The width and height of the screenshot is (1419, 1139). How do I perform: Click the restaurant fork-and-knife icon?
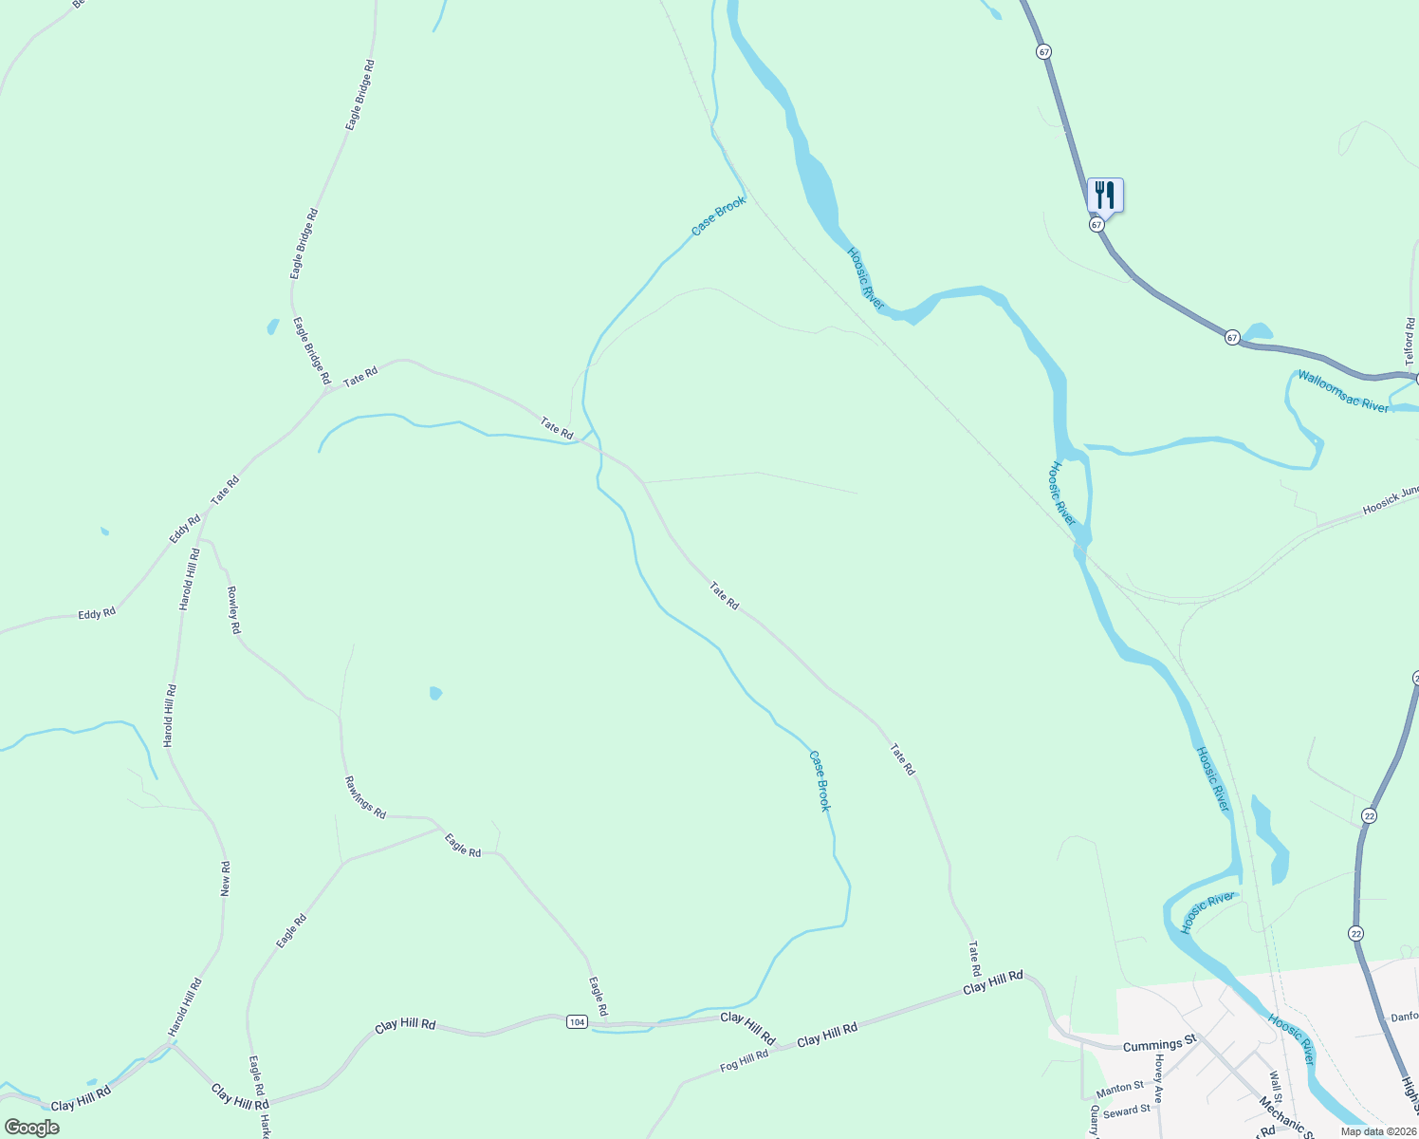pyautogui.click(x=1105, y=196)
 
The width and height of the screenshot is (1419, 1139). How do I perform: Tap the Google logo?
pyautogui.click(x=31, y=1128)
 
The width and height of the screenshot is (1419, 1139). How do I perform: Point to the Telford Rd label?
pyautogui.click(x=1410, y=342)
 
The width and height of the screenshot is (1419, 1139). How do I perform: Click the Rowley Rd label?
pyautogui.click(x=233, y=609)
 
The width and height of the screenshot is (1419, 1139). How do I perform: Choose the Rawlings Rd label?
pyautogui.click(x=365, y=797)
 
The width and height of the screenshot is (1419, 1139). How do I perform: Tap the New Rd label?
pyautogui.click(x=226, y=879)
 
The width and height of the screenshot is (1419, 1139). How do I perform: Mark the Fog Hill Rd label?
pyautogui.click(x=744, y=1061)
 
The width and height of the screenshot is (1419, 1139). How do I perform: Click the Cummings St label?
pyautogui.click(x=1159, y=1045)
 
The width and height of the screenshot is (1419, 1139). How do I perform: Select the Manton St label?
pyautogui.click(x=1120, y=1088)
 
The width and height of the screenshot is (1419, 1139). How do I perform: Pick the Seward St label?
pyautogui.click(x=1127, y=1111)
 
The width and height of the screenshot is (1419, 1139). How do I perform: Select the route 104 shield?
pyautogui.click(x=577, y=1021)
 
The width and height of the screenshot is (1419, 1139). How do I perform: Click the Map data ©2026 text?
pyautogui.click(x=1378, y=1131)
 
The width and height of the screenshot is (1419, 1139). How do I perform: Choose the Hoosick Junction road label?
pyautogui.click(x=1391, y=501)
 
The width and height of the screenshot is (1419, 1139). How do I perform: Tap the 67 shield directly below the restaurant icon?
pyautogui.click(x=1096, y=225)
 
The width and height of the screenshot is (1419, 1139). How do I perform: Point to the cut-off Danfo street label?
pyautogui.click(x=1405, y=1017)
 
